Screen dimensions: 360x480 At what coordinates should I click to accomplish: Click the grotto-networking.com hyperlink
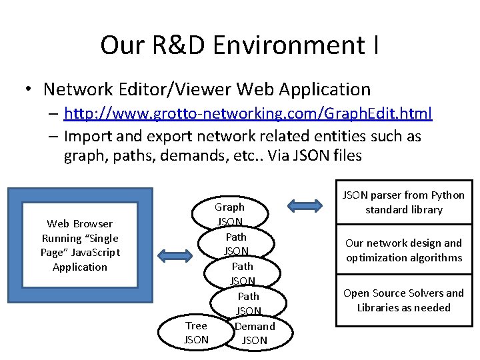(x=248, y=113)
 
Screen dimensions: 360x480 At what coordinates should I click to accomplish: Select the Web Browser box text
(x=80, y=245)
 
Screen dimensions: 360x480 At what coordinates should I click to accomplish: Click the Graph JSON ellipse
(x=230, y=213)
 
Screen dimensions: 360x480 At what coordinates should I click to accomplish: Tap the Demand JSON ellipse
(x=255, y=333)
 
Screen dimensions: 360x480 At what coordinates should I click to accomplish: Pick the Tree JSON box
(x=196, y=333)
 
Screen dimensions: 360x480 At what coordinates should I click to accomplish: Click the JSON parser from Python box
(x=403, y=203)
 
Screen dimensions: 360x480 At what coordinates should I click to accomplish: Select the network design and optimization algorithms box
(x=403, y=250)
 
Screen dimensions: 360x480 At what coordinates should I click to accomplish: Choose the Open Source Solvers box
(x=403, y=300)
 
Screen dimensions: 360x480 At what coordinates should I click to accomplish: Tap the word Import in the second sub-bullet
(x=89, y=136)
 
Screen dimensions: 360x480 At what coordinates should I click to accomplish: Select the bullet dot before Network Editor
(x=29, y=89)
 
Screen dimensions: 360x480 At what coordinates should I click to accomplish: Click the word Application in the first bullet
(x=325, y=89)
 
